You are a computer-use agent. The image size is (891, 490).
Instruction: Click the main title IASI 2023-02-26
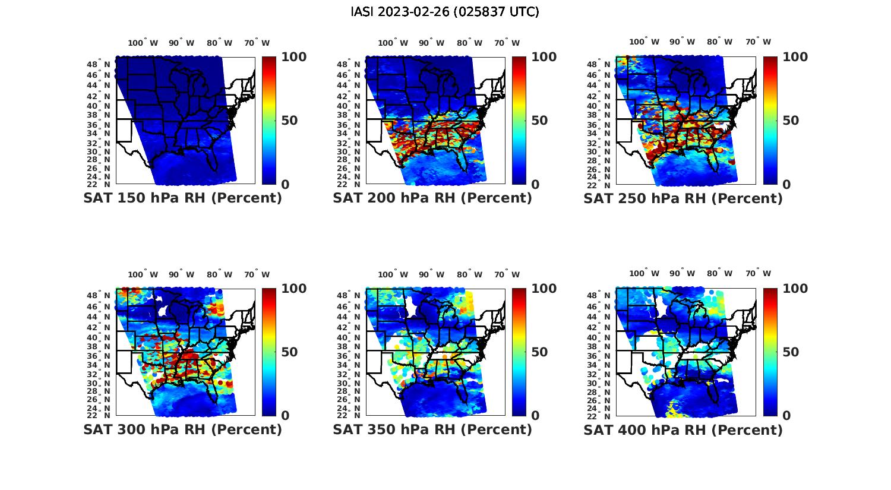(x=445, y=12)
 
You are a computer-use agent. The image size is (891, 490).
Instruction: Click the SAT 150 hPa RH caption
(x=182, y=198)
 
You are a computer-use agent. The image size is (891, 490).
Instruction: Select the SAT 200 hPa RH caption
(x=432, y=198)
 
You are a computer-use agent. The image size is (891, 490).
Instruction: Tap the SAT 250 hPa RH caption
(x=683, y=198)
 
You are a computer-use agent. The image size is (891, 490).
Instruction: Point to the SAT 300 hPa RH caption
(x=182, y=429)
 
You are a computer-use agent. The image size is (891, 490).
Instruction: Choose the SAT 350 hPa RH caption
(x=432, y=429)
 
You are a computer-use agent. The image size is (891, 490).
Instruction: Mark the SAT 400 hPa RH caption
(x=683, y=429)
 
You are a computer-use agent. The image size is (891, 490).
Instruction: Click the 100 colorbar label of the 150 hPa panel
(x=293, y=57)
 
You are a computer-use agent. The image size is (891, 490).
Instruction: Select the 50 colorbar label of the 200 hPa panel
(x=539, y=121)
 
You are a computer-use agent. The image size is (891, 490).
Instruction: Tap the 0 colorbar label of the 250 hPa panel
(x=786, y=185)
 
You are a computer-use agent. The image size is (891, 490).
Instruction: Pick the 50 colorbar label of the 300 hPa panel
(x=289, y=352)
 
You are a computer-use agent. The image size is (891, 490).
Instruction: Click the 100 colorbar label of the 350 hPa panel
(x=544, y=289)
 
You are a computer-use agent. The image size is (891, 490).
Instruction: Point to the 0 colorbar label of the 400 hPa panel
(x=786, y=416)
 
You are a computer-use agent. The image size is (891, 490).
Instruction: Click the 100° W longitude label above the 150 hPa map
(x=143, y=43)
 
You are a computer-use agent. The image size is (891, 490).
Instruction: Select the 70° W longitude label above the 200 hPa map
(x=507, y=43)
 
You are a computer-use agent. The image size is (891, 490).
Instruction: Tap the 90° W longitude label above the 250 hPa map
(x=683, y=42)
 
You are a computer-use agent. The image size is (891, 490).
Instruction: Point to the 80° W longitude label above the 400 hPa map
(x=719, y=273)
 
